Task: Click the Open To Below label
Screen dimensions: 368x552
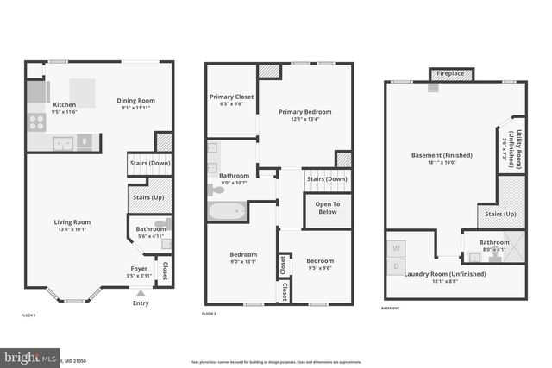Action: pos(328,208)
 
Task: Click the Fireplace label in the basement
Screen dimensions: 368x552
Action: pos(449,74)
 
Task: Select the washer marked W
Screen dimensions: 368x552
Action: pos(397,248)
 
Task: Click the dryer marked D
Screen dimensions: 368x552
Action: pos(397,265)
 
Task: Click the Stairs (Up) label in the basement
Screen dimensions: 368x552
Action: pos(501,214)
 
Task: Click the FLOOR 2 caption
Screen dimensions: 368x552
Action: pos(209,315)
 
